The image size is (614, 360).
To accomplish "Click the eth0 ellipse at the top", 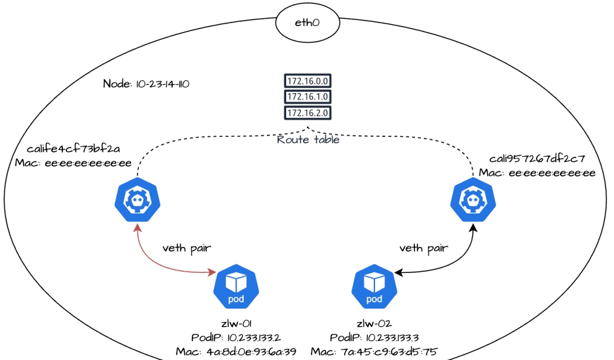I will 307,23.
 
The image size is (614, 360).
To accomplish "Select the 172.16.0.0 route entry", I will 308,81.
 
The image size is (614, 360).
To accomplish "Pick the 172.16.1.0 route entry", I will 308,97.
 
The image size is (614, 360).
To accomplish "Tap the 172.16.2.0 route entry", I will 308,113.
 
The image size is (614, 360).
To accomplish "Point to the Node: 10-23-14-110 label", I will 147,84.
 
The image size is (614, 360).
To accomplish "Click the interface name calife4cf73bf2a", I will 73,149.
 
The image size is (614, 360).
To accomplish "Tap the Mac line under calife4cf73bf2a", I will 73,163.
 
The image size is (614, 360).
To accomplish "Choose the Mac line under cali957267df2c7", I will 537,173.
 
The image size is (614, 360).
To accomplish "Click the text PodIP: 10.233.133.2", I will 235,337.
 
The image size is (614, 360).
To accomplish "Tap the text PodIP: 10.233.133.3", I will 374,337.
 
